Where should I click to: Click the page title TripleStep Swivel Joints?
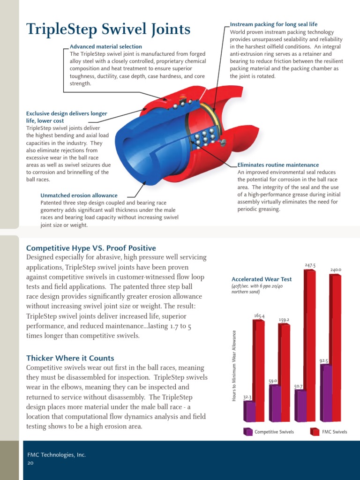pos(108,30)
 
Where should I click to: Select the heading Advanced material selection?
pos(105,46)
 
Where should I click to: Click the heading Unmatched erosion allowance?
pos(79,195)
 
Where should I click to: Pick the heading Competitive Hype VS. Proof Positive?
pos(91,248)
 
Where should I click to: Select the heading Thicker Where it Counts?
pos(70,358)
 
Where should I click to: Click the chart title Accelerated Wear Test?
pos(262,279)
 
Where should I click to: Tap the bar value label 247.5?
pos(310,265)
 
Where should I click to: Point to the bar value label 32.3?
pos(248,397)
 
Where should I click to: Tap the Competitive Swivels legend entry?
pos(270,432)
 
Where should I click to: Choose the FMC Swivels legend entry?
pos(330,432)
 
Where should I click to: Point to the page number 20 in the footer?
pos(30,462)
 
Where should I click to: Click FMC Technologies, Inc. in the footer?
pos(56,455)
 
